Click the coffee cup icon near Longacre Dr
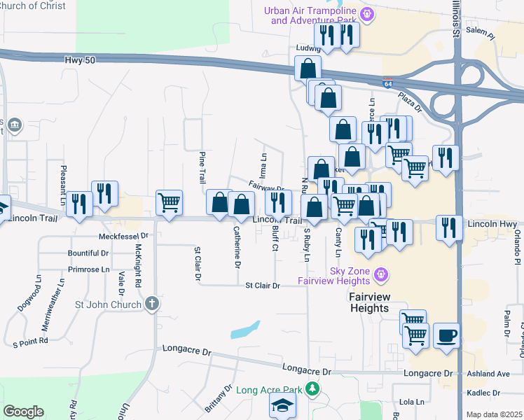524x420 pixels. (x=446, y=335)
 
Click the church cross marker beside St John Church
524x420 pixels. (x=152, y=304)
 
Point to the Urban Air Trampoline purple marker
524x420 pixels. (x=365, y=13)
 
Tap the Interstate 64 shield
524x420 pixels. (x=387, y=83)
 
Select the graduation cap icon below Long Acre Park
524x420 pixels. (x=283, y=407)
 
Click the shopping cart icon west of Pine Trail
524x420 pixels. (x=169, y=203)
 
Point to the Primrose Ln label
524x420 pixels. (x=89, y=269)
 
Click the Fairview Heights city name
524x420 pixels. (x=368, y=302)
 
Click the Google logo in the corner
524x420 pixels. (x=23, y=411)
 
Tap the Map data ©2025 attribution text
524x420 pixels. (x=494, y=414)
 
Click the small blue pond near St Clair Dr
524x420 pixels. (x=244, y=330)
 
